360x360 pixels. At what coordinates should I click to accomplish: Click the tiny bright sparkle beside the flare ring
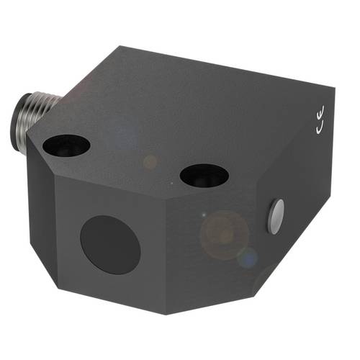[x=204, y=215]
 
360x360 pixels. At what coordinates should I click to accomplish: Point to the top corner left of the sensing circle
[x=55, y=178]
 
